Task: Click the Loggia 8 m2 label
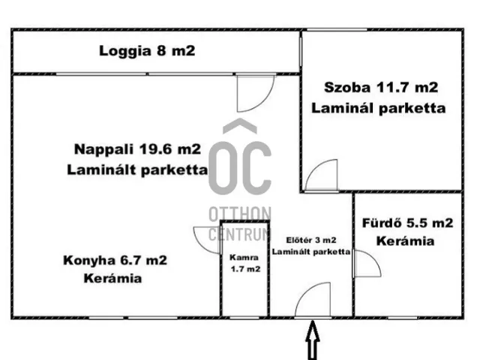tap(147, 52)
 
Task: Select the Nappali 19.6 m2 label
tap(137, 148)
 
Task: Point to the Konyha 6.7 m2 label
tap(115, 261)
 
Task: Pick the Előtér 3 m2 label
tap(309, 241)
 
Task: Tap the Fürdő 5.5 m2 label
tap(407, 223)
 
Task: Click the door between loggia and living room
tap(250, 91)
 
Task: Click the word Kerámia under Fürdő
tap(406, 241)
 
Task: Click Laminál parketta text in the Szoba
tap(379, 108)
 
